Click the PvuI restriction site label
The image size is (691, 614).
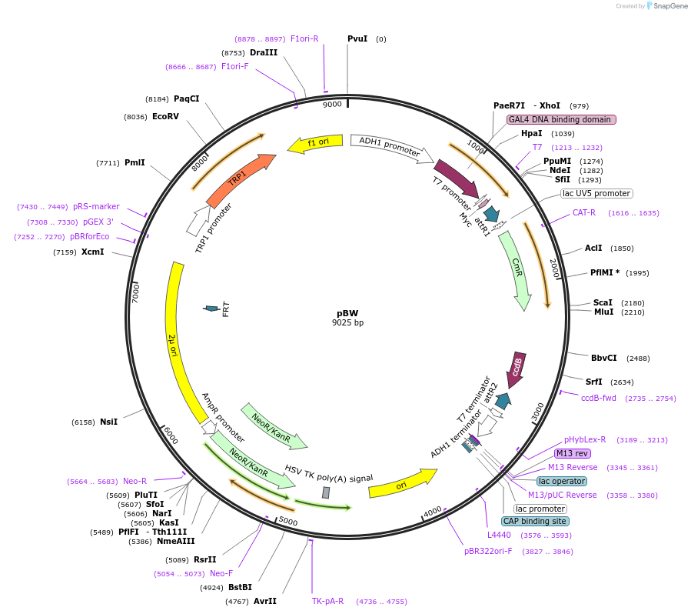(x=357, y=38)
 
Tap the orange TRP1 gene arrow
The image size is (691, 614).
(x=240, y=179)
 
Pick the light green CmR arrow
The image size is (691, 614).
(x=516, y=269)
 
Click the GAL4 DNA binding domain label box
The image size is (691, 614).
(x=561, y=119)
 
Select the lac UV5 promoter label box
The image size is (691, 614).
(x=596, y=194)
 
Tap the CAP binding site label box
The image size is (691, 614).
(x=536, y=521)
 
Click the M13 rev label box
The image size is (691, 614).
(x=573, y=453)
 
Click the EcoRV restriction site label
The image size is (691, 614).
(x=165, y=117)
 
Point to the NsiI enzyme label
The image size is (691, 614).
(x=108, y=422)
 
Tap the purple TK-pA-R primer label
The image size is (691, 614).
(x=327, y=601)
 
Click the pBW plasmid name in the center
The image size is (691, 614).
(x=347, y=313)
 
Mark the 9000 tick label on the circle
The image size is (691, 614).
(x=332, y=105)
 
